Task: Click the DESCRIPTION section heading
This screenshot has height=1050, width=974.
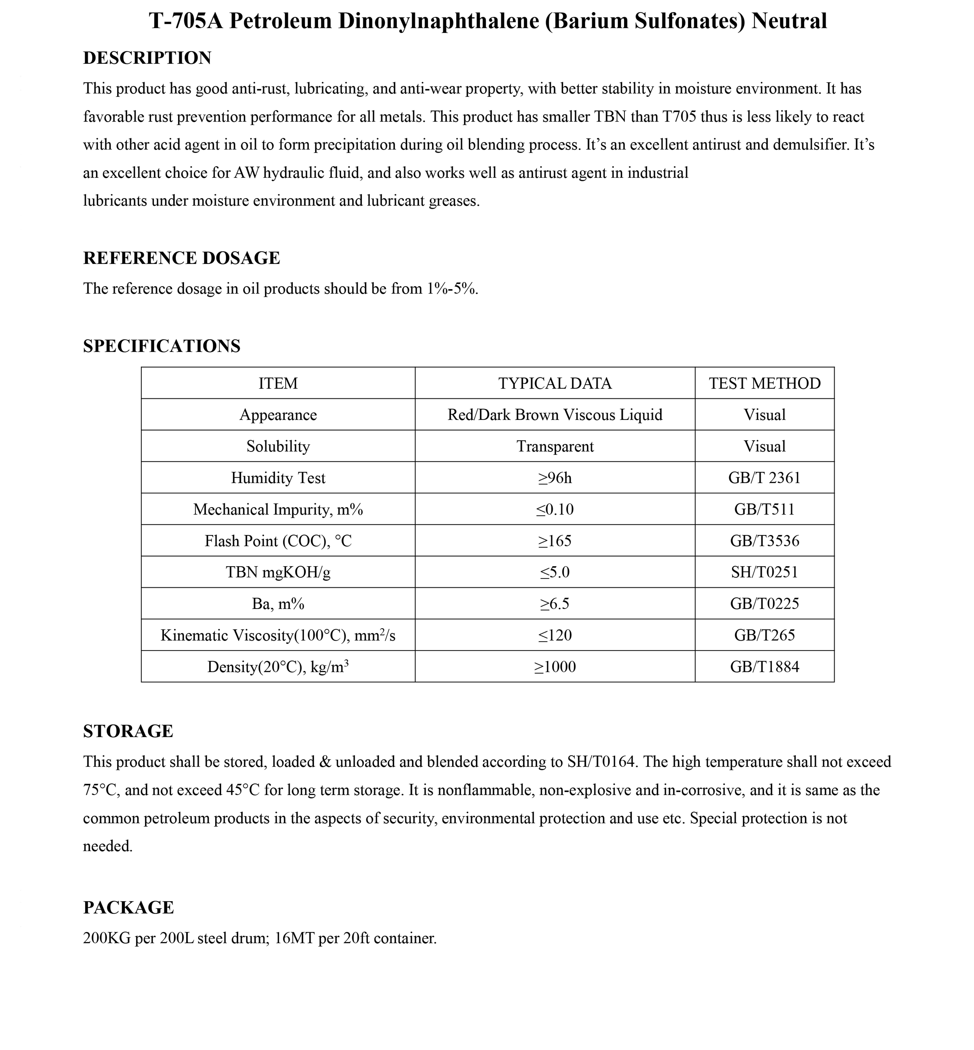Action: tap(147, 58)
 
